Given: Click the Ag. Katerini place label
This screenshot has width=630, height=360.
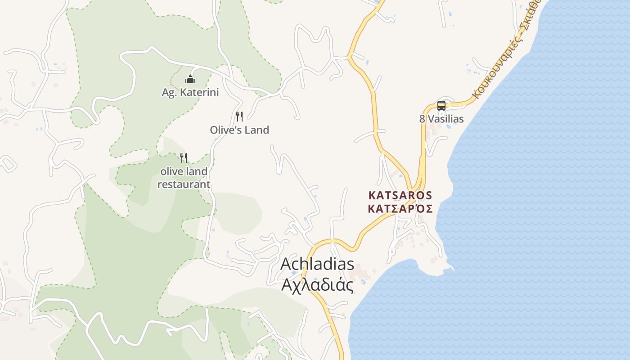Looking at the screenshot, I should point(190,93).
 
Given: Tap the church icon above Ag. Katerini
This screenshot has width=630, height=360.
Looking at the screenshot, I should point(190,80).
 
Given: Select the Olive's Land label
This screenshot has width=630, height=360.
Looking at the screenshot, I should point(239,130).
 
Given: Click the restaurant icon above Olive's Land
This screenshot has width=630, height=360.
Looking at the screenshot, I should point(239,117).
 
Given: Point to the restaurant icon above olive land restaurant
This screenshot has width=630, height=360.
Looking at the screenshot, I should point(184,157).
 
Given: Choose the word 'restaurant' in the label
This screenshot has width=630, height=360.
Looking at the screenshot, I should point(184,184).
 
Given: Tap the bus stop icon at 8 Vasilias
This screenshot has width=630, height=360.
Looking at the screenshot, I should point(441,106).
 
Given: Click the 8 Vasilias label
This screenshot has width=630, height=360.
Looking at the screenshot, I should point(441,119).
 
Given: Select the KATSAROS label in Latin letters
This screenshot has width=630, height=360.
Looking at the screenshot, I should point(400,195).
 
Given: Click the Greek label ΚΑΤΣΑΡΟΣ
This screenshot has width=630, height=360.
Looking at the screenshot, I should point(400,209).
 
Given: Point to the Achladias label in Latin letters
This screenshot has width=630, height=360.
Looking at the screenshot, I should point(317,264).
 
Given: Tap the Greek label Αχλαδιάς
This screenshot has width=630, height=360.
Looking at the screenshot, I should point(317,285).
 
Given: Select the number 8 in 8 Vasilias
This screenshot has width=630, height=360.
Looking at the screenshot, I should point(422,119).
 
